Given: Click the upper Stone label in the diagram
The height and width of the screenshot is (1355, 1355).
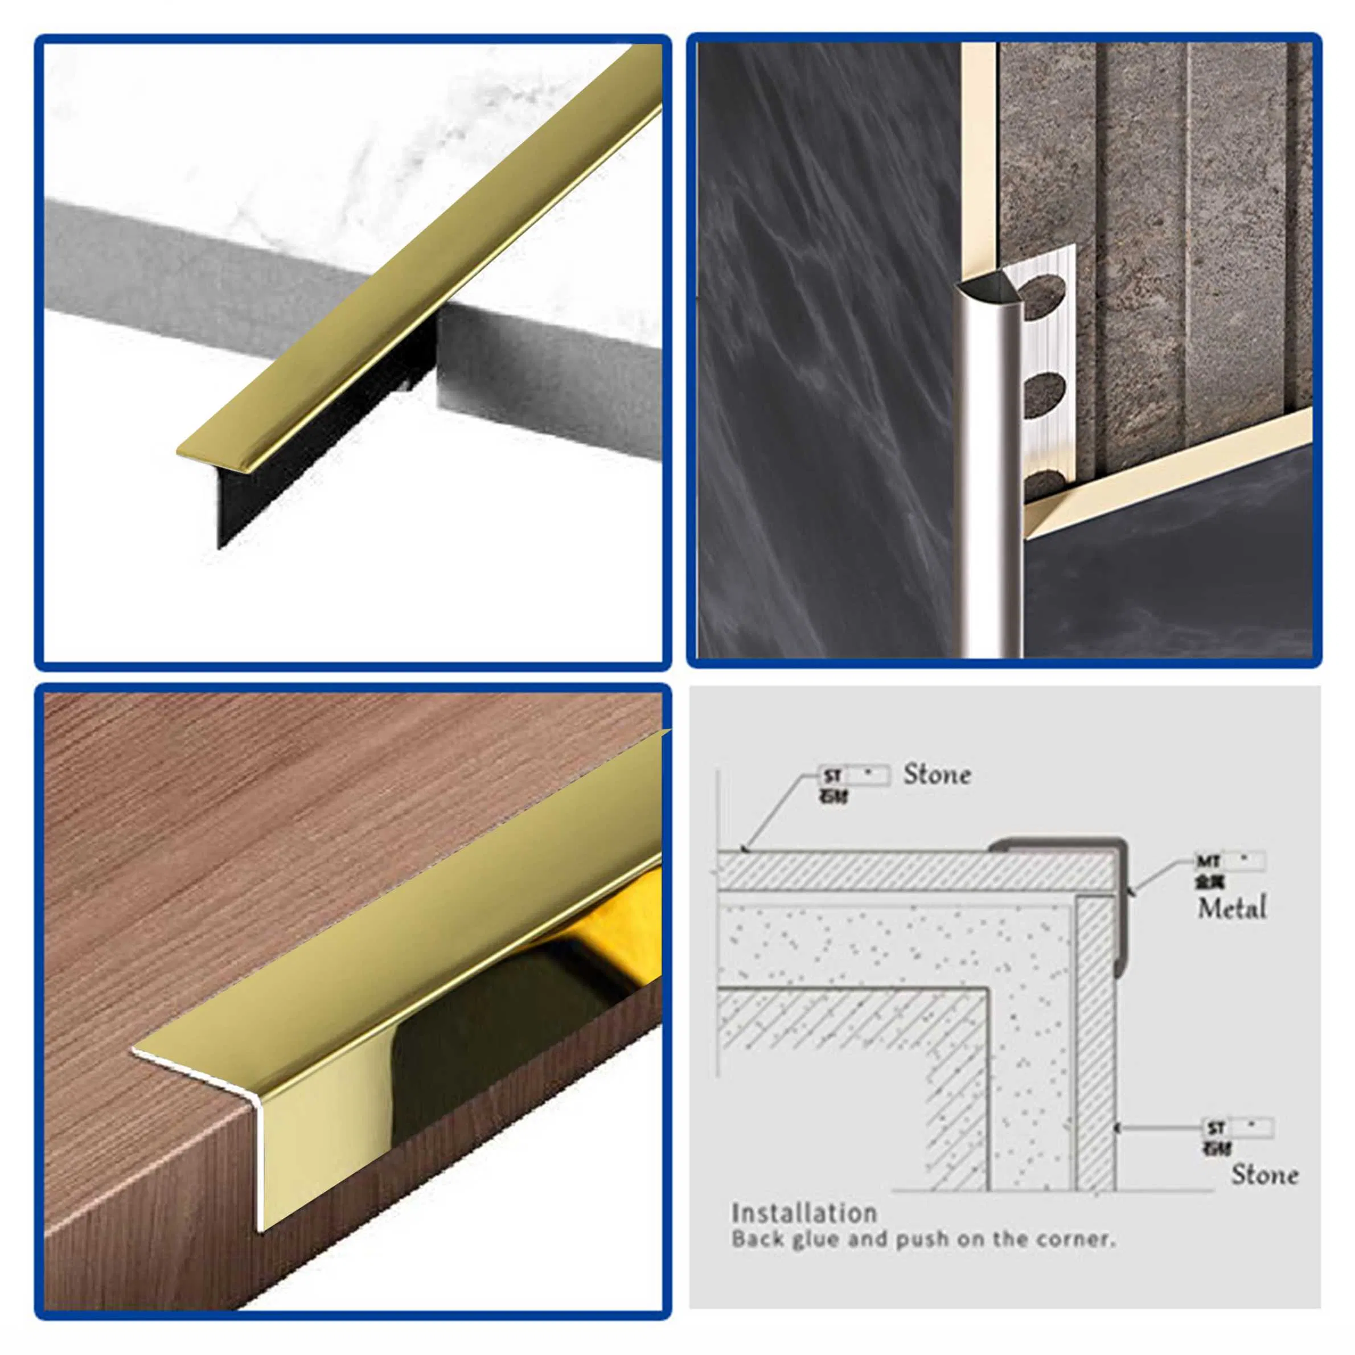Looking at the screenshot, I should point(937,774).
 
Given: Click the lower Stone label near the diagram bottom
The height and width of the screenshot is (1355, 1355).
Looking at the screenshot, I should point(1264,1174).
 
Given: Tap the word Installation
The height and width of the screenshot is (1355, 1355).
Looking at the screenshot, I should point(804,1213).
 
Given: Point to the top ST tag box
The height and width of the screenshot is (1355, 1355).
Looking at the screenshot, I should point(854,775).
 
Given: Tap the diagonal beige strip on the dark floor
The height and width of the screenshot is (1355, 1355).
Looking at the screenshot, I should point(1164,470).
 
